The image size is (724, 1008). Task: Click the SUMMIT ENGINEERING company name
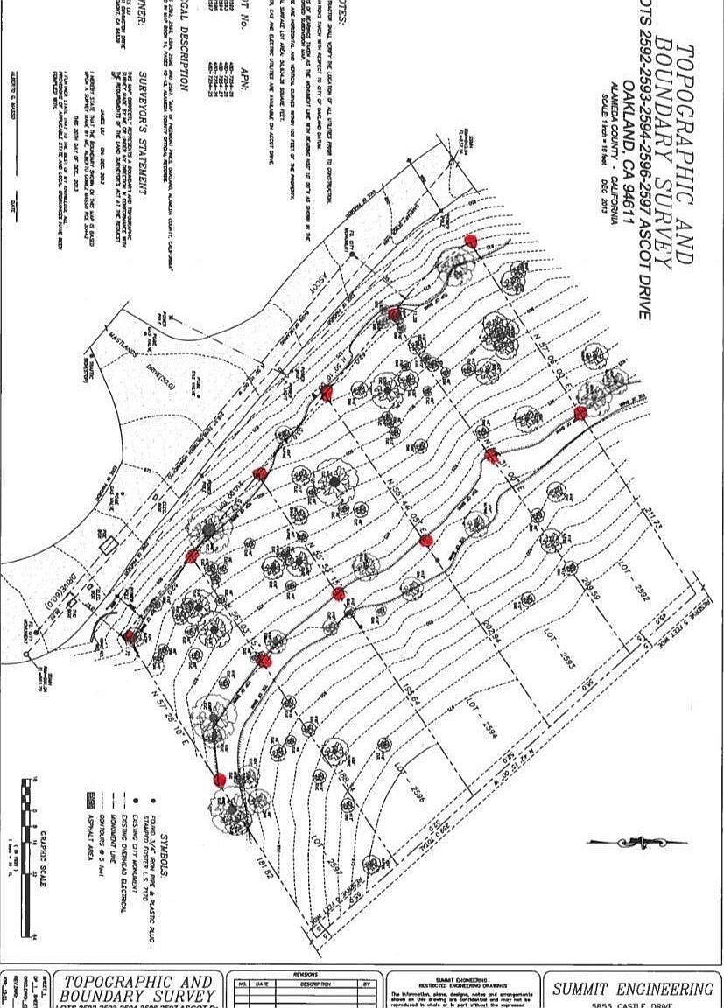pyautogui.click(x=633, y=989)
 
